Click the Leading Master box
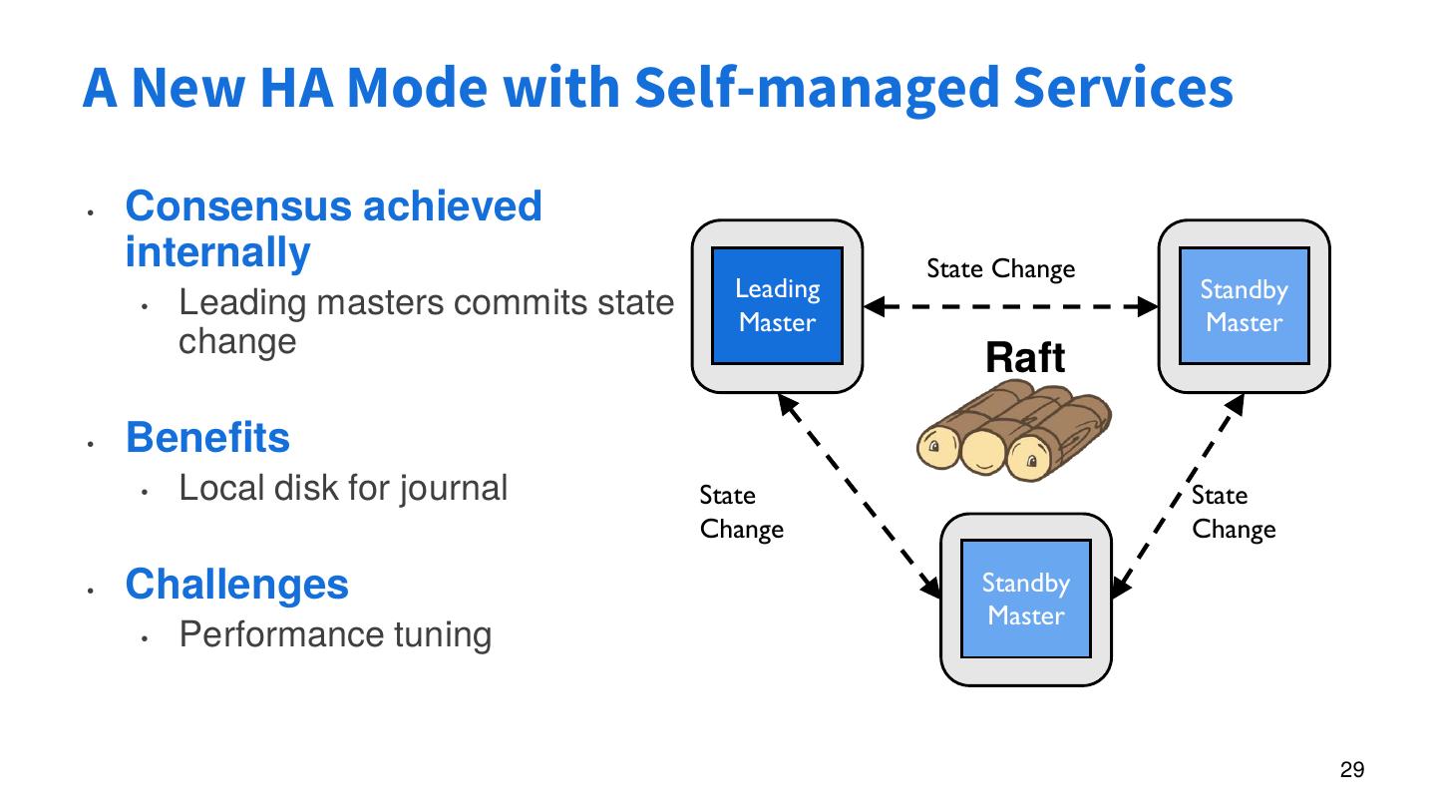(777, 306)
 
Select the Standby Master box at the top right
(1244, 306)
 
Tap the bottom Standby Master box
(1026, 600)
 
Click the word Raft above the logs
(1025, 358)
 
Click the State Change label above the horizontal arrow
(1000, 269)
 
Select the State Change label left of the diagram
(741, 512)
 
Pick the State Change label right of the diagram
(1234, 512)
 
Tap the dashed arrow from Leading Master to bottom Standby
(860, 494)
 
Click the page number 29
(1352, 769)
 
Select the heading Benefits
(207, 438)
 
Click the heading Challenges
(237, 584)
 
